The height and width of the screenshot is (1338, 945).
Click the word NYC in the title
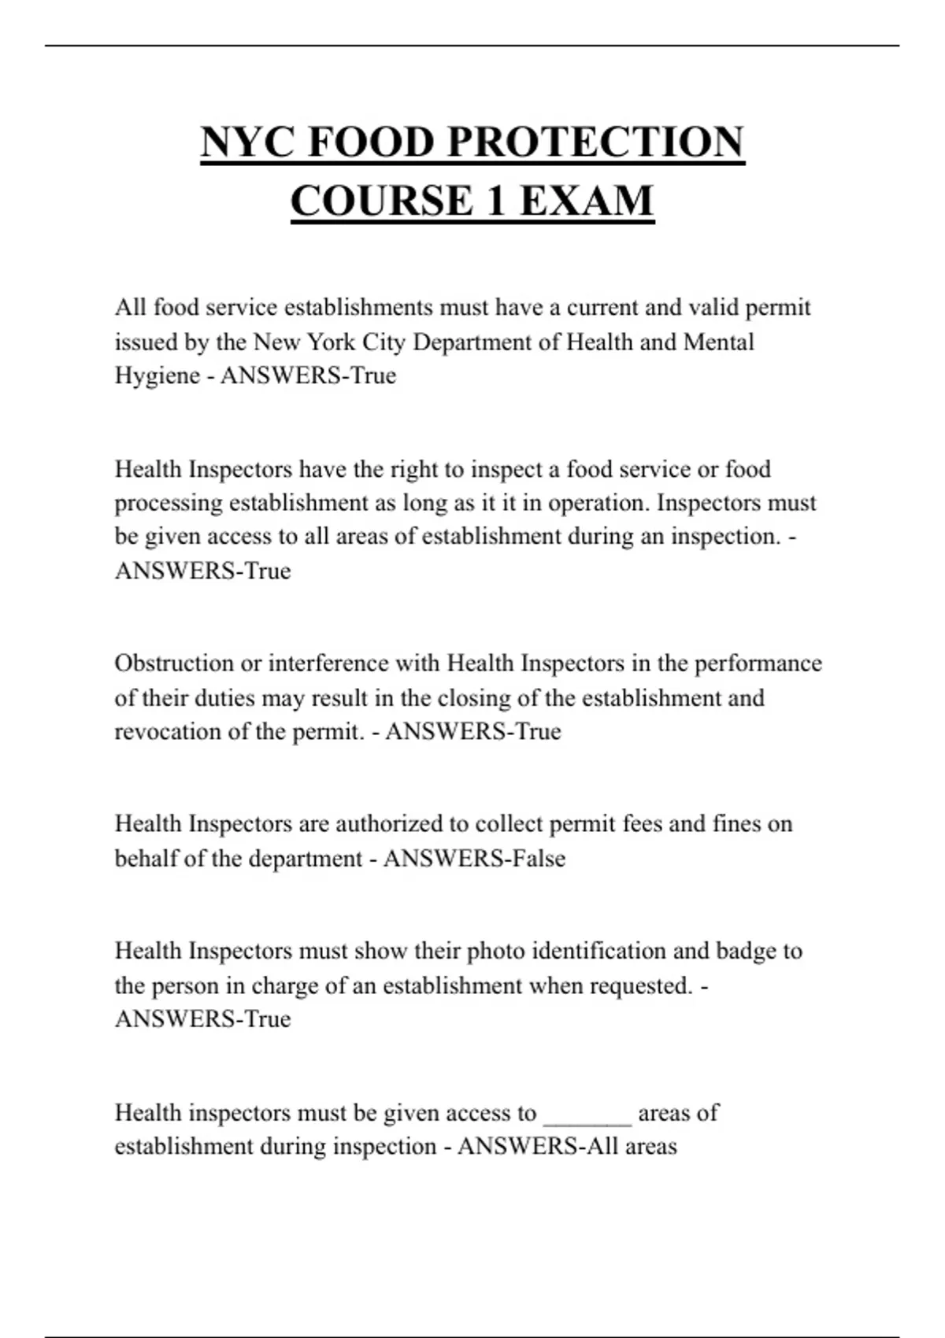pyautogui.click(x=247, y=142)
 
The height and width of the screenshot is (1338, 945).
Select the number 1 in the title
pyautogui.click(x=495, y=201)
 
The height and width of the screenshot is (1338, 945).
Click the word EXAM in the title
pyautogui.click(x=587, y=201)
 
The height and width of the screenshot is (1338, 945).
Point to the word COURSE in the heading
pyautogui.click(x=382, y=201)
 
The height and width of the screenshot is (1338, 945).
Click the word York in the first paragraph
pyautogui.click(x=331, y=342)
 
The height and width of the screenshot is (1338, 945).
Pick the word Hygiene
pyautogui.click(x=157, y=375)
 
